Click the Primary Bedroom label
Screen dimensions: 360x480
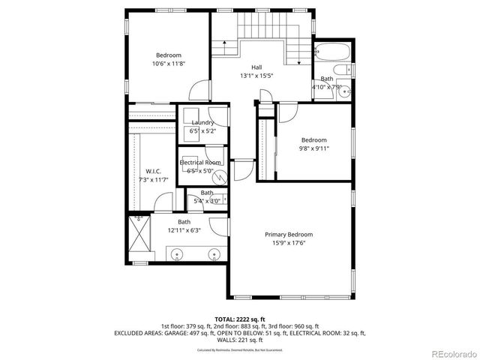click(x=289, y=235)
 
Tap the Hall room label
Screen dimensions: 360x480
click(x=256, y=67)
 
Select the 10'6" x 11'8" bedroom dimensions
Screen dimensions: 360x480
click(x=169, y=64)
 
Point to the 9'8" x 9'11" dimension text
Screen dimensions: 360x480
click(x=314, y=148)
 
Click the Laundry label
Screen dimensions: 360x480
click(x=202, y=122)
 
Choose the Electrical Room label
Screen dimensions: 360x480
click(x=200, y=162)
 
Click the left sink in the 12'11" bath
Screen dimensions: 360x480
click(x=178, y=254)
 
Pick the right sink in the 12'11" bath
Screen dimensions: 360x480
click(x=214, y=254)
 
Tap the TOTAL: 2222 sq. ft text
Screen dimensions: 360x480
click(x=239, y=319)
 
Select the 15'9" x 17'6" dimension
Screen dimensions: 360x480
click(x=289, y=243)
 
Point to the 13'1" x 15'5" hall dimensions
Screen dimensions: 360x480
click(x=256, y=76)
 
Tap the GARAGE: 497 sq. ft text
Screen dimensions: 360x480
click(x=202, y=332)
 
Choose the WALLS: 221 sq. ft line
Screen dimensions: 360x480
click(x=239, y=339)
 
